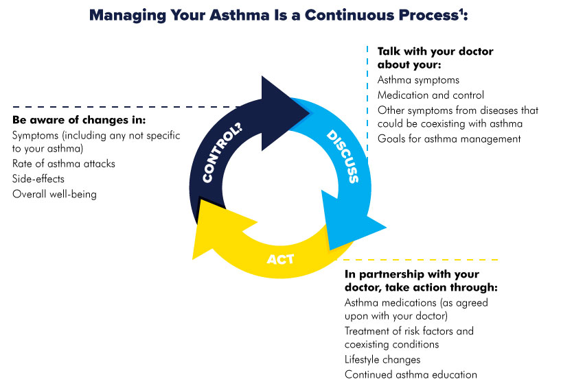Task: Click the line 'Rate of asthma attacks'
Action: [x=64, y=164]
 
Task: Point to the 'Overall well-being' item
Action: [x=55, y=194]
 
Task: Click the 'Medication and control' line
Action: [x=431, y=95]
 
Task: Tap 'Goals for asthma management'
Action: [x=449, y=138]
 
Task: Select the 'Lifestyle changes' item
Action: [x=382, y=359]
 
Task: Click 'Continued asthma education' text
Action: [x=411, y=374]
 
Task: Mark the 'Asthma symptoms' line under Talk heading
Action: [x=419, y=80]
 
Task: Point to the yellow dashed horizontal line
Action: [x=426, y=260]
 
